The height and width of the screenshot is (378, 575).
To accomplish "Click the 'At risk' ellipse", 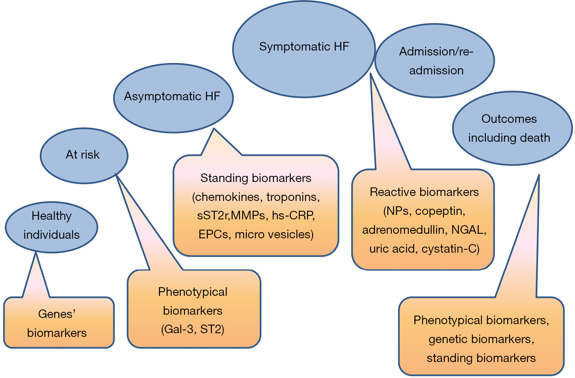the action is [x=84, y=156].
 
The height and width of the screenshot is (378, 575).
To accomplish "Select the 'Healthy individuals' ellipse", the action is [x=51, y=227].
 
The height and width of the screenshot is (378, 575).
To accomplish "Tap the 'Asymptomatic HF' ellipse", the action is [x=173, y=98].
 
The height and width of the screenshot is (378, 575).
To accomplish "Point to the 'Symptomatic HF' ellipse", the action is [x=304, y=49].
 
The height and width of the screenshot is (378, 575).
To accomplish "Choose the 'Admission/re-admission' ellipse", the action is [x=435, y=61].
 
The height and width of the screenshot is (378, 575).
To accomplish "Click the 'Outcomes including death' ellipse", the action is [x=513, y=128].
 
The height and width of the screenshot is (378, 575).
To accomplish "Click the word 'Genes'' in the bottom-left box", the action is [x=57, y=314].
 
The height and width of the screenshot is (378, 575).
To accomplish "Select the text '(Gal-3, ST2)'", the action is [x=193, y=329].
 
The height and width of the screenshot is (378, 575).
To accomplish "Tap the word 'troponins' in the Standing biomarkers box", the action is [x=293, y=197].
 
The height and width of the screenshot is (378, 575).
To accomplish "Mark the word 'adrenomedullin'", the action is [x=403, y=230].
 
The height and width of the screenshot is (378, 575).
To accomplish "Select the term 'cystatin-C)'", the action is [x=451, y=249].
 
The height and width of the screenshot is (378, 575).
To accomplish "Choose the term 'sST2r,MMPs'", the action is [x=231, y=215].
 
